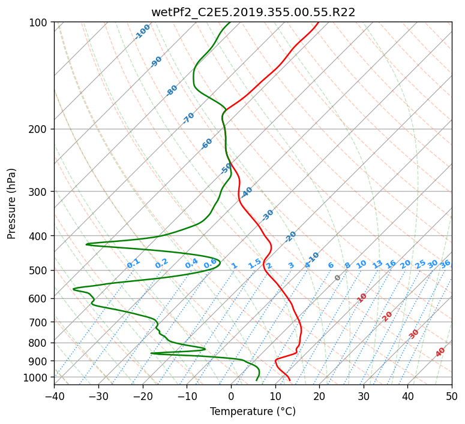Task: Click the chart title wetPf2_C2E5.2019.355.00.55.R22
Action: coord(253,13)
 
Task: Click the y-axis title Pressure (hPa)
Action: coord(11,204)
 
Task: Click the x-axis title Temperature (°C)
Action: coord(253,411)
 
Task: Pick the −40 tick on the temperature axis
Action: coord(55,396)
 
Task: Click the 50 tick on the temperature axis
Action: coord(452,396)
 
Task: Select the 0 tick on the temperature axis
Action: coord(232,396)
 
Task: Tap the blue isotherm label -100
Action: coord(142,32)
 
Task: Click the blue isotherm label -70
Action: coord(188,118)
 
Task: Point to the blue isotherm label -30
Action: coord(268,215)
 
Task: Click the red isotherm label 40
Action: coord(440,352)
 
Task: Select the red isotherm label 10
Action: coord(362,298)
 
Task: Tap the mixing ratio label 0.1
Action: coord(133,264)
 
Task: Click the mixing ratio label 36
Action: coord(445,264)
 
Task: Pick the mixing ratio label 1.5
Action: coord(255,264)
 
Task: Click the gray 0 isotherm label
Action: coord(337,278)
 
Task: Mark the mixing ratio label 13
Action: coord(377,264)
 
